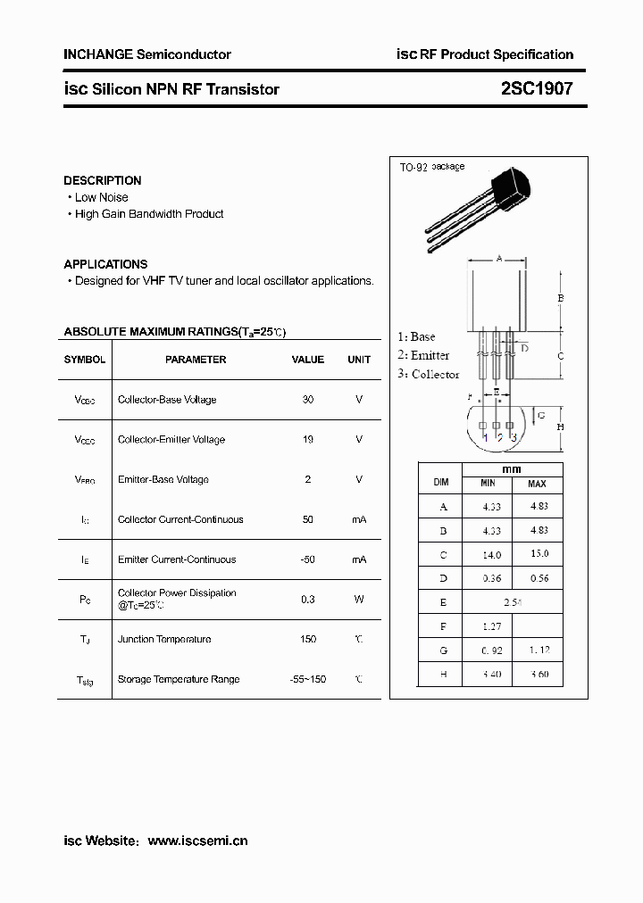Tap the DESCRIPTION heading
tap(103, 180)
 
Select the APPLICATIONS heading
tap(105, 264)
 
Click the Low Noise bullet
tap(101, 197)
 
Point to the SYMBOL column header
tap(85, 360)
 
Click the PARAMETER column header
tap(196, 360)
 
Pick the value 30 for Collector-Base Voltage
tap(308, 400)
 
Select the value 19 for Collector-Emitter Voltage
tap(308, 439)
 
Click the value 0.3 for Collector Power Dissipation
tap(308, 599)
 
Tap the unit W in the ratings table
tap(359, 599)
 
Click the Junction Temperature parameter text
tap(164, 639)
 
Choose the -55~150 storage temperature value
tap(308, 679)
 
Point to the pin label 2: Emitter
tap(423, 355)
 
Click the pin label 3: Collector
tap(428, 375)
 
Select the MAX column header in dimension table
tap(537, 484)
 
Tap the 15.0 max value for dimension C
tap(539, 554)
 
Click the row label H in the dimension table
tap(443, 675)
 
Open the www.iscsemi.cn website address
tap(197, 841)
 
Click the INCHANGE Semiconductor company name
tap(147, 54)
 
